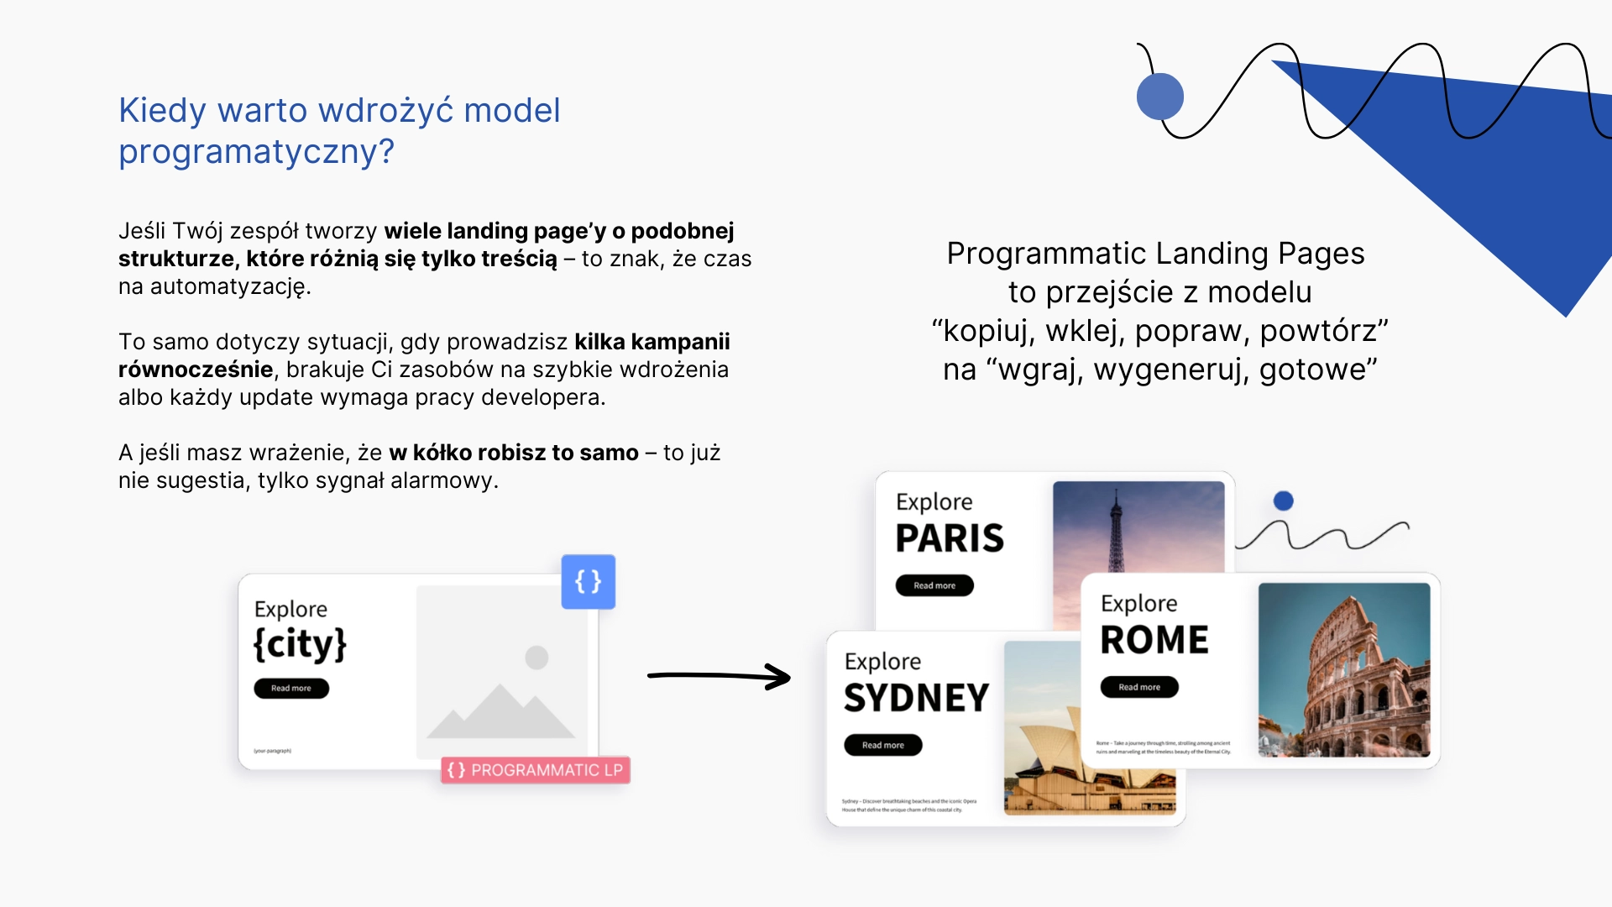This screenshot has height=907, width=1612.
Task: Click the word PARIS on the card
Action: (x=950, y=538)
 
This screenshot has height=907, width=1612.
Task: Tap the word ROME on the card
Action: (x=1154, y=640)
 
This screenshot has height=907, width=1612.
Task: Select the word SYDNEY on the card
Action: (x=916, y=698)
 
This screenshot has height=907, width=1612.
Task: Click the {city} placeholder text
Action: (x=300, y=645)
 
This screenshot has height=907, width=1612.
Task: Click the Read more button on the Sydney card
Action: (x=882, y=745)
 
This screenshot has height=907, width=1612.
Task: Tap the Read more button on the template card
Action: (x=290, y=689)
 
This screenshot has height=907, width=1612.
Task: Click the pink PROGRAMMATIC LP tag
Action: (x=536, y=770)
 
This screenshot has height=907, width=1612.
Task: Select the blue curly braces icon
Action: (x=588, y=581)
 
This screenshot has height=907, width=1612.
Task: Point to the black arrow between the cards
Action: (x=719, y=675)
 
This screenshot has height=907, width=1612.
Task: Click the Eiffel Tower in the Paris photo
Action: (x=1116, y=537)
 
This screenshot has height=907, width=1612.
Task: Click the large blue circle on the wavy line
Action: (x=1159, y=97)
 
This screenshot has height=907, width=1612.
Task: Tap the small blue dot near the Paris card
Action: (x=1283, y=501)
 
